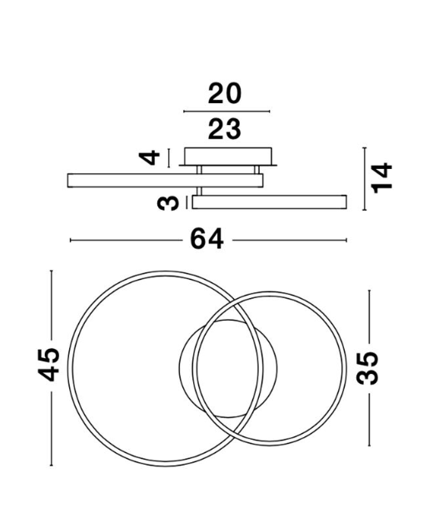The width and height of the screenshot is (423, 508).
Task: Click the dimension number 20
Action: (x=225, y=93)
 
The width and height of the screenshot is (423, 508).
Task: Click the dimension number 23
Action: (x=225, y=129)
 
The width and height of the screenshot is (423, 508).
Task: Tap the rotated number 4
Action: (x=149, y=157)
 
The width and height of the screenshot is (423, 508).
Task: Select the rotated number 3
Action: (x=168, y=203)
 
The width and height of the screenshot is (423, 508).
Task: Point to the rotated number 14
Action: (x=381, y=178)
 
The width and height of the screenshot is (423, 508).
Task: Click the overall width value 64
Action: (x=207, y=239)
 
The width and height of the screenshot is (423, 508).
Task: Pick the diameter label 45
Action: (x=49, y=364)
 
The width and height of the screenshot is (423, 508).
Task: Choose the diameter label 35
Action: (x=367, y=368)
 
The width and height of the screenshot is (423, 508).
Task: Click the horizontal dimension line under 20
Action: (x=226, y=112)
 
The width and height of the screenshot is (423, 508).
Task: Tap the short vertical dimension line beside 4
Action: (x=169, y=157)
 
